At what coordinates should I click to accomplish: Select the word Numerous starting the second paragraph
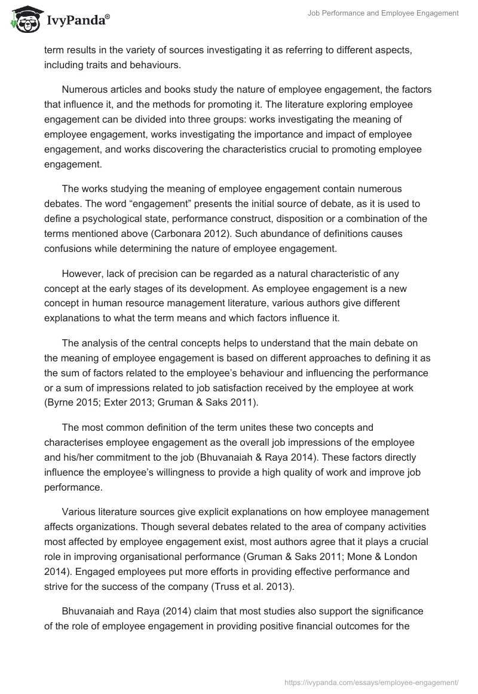pos(83,90)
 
